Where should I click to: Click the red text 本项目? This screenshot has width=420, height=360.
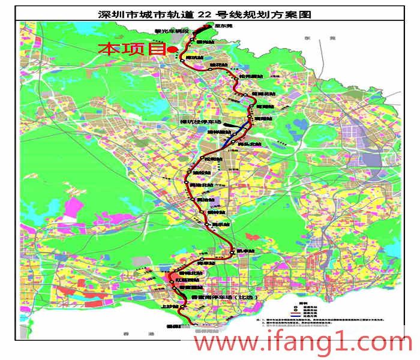pos(131,49)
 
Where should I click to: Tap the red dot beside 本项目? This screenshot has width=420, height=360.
pos(172,50)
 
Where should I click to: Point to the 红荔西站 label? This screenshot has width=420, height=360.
pos(186,280)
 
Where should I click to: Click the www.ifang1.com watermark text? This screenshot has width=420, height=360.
pos(303,343)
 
